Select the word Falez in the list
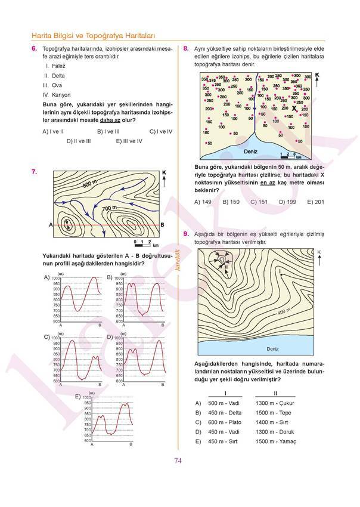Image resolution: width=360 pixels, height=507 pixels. [58, 66]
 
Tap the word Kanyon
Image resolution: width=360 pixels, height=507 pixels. [61, 95]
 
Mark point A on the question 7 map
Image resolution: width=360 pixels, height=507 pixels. [51, 225]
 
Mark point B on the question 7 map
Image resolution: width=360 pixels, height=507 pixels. [163, 225]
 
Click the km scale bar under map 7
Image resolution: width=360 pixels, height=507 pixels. [144, 243]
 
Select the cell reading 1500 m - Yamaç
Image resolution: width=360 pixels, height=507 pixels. [275, 441]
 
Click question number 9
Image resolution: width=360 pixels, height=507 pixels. [187, 234]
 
